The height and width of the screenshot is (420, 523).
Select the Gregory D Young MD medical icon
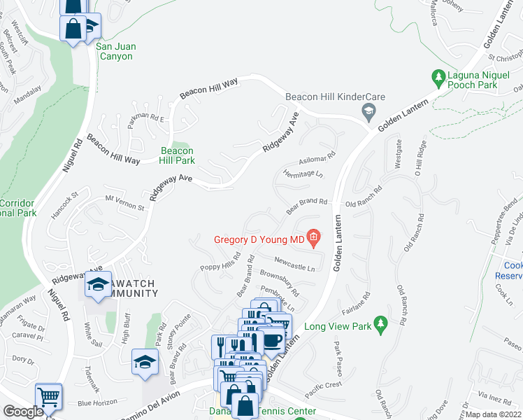coord(313,240)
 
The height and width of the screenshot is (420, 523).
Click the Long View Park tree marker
coord(380,324)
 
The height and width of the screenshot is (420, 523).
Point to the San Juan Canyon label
coord(116,51)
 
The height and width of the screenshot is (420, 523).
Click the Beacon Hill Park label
coord(178,155)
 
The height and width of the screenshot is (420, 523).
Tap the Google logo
coord(23,411)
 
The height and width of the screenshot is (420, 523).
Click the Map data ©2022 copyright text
coord(494,414)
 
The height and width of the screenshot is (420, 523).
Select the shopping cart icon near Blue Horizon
coord(48,396)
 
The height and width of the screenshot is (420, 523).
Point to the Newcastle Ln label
coord(294,263)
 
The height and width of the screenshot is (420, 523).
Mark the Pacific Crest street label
coord(323,384)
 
